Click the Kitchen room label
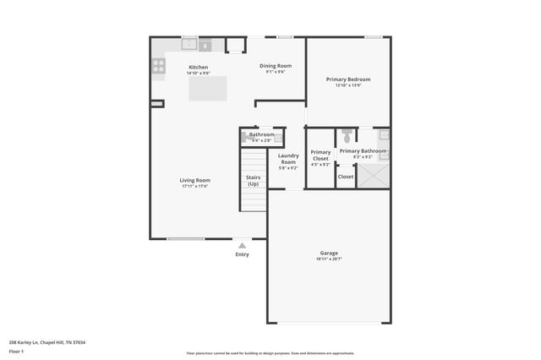pyautogui.click(x=198, y=67)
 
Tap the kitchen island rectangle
pyautogui.click(x=208, y=88)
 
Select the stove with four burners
pyautogui.click(x=158, y=65)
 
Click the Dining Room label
pyautogui.click(x=275, y=66)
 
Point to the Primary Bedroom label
pyautogui.click(x=348, y=79)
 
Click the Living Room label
pyautogui.click(x=194, y=180)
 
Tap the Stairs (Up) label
pyautogui.click(x=253, y=180)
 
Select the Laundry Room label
pyautogui.click(x=288, y=158)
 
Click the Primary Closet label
pyautogui.click(x=320, y=155)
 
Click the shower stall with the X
pyautogui.click(x=373, y=175)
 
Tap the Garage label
pyautogui.click(x=329, y=253)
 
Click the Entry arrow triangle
pyautogui.click(x=242, y=245)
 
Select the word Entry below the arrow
pyautogui.click(x=242, y=254)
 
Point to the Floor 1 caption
pyautogui.click(x=17, y=351)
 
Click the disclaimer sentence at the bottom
pyautogui.click(x=270, y=353)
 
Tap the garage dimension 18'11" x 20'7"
pyautogui.click(x=329, y=259)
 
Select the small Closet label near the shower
pyautogui.click(x=346, y=177)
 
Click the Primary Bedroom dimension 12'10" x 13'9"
pyautogui.click(x=348, y=85)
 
